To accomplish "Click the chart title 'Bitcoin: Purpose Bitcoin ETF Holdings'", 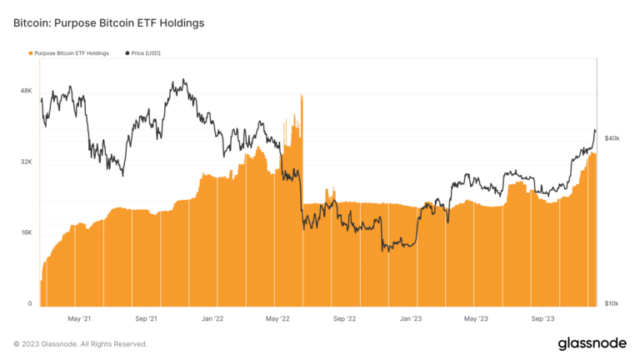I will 109,23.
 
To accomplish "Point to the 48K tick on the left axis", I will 26,91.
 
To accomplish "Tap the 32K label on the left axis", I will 26,162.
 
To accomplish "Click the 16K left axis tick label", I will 26,233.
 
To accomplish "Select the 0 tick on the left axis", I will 29,304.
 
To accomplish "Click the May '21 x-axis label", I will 80,318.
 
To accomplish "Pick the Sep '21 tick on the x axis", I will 147,318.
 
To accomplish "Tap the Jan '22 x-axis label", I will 212,318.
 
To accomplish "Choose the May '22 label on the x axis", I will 277,318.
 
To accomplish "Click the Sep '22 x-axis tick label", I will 344,318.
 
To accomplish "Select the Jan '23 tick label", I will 411,318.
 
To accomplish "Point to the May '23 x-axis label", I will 476,318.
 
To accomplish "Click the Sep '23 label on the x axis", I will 543,318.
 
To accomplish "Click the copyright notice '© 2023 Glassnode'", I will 80,343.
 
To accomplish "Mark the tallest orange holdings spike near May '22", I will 301,98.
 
